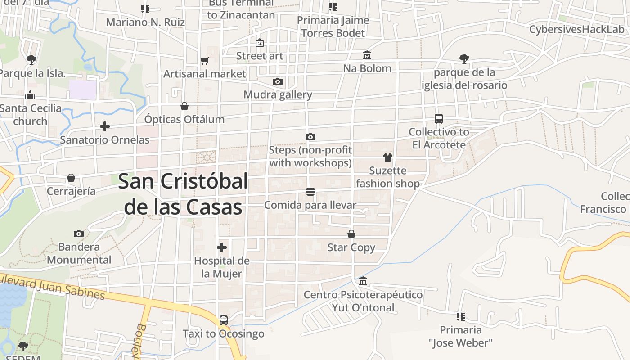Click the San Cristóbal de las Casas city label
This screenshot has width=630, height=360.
(x=183, y=194)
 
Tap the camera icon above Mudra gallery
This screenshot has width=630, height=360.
(x=278, y=81)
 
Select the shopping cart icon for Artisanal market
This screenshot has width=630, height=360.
(x=205, y=61)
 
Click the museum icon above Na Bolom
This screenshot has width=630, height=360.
(x=367, y=55)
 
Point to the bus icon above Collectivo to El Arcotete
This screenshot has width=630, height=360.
(x=439, y=119)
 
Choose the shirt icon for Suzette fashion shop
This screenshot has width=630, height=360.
(x=388, y=157)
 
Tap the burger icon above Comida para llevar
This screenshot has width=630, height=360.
(x=310, y=192)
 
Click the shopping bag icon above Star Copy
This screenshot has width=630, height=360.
(x=351, y=234)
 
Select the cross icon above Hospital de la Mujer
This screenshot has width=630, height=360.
(x=222, y=247)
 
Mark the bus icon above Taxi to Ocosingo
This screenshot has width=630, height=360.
(x=224, y=320)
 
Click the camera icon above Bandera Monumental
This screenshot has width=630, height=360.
(x=79, y=234)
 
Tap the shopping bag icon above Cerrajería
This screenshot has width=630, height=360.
(x=71, y=178)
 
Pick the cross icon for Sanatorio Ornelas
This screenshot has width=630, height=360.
(x=105, y=126)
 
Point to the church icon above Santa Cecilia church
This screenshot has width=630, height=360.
(x=31, y=95)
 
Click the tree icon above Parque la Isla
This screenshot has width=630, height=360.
(x=31, y=59)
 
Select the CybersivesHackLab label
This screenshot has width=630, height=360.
(x=577, y=30)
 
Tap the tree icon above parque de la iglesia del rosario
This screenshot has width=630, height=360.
(x=464, y=59)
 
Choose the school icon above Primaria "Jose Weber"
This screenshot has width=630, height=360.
(x=460, y=317)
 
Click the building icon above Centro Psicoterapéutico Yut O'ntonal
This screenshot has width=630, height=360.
(x=363, y=282)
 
